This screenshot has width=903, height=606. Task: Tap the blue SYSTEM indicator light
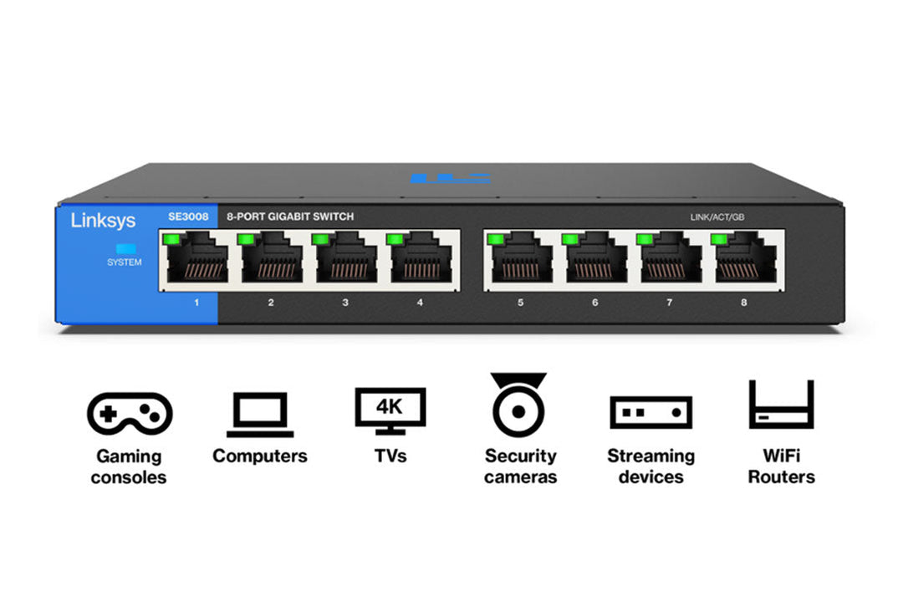coord(125,248)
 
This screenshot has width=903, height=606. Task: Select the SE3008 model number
coord(188,217)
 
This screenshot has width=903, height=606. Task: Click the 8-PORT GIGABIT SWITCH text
coord(291,217)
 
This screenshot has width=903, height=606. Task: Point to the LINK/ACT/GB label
coord(717,217)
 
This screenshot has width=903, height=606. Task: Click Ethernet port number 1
coord(196,260)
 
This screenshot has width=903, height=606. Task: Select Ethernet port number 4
coord(420,260)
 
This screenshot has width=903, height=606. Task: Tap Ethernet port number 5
coord(520,260)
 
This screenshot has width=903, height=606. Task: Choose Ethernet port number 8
coord(744,260)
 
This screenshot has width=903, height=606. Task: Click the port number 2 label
coord(271,303)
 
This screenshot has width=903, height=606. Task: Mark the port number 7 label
coord(669,303)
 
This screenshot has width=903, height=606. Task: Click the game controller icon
coord(130,413)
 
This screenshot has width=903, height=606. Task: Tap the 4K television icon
coord(390,410)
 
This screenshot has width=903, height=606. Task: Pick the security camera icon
coord(518,406)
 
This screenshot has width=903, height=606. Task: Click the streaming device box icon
coord(650,413)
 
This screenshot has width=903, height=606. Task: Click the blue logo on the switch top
coord(449,178)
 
